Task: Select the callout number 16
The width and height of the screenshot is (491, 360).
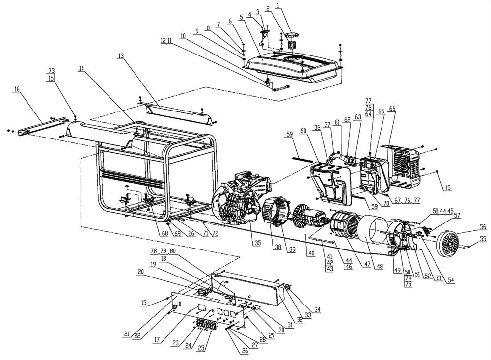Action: click(17, 90)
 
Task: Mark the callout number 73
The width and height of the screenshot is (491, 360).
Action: click(51, 71)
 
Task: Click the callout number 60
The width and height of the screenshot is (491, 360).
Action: click(303, 131)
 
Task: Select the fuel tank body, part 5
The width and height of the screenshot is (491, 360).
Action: click(295, 66)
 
